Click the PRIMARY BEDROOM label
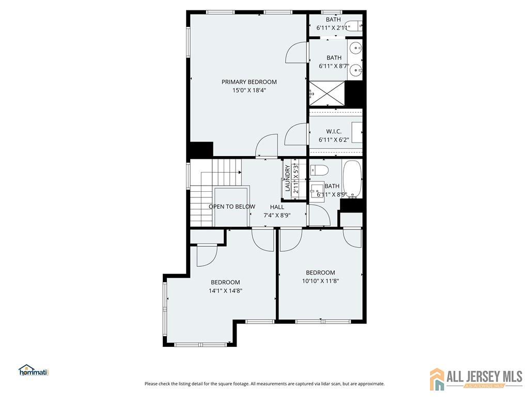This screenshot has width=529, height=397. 249,82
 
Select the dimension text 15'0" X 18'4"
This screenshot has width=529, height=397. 250,90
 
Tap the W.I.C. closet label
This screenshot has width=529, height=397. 334,131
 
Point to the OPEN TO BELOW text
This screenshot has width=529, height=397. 232,207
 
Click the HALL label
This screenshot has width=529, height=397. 277,207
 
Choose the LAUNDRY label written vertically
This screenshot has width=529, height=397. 288,178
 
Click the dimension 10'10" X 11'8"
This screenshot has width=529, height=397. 320,281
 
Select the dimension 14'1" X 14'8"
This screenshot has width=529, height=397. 225,291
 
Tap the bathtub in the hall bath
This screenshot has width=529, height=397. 352,179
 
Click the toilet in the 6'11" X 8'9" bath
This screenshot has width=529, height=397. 319,171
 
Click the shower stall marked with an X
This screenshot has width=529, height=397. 327,93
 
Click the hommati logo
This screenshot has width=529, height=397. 34,370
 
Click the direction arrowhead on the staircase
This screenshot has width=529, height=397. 240,172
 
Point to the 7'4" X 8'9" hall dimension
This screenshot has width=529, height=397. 277,216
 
